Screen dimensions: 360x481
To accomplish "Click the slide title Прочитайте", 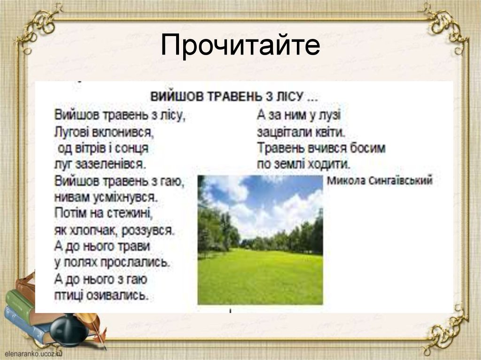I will click(240, 46).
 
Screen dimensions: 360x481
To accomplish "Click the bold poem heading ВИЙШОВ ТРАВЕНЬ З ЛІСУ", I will click(233, 97).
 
